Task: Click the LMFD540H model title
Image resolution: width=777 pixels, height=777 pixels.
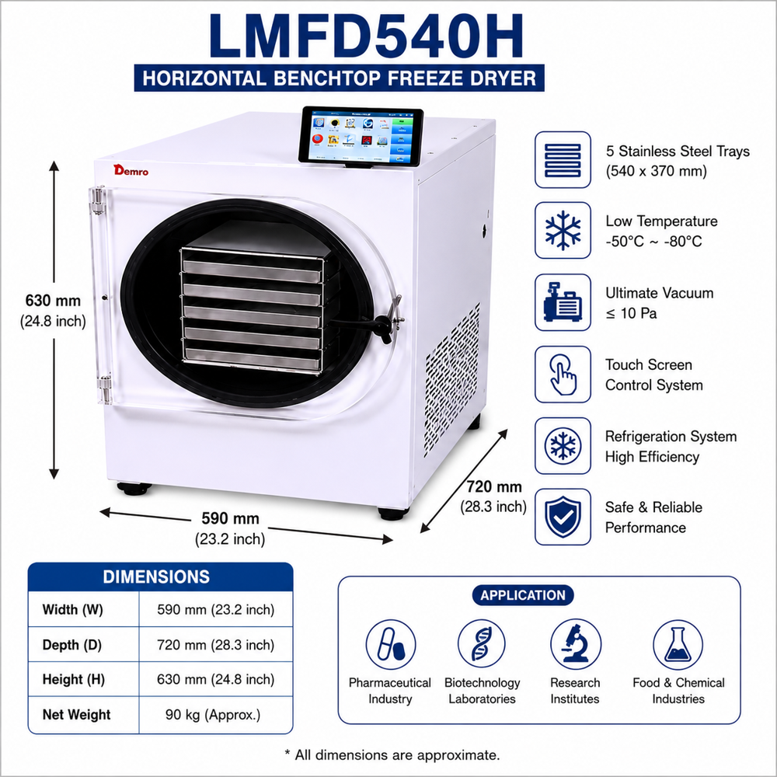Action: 366,37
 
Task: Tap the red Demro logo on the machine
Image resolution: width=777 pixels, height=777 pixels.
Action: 131,170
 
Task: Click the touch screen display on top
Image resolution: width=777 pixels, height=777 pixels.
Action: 361,136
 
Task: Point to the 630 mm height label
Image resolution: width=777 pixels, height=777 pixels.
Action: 53,301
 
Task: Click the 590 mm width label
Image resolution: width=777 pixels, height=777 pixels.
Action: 231,519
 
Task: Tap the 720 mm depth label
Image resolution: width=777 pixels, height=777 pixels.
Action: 494,487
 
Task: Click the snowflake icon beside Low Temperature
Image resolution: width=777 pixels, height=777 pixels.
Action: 563,231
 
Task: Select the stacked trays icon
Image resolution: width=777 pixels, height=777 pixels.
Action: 563,160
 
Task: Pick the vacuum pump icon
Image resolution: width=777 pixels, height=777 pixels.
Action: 563,302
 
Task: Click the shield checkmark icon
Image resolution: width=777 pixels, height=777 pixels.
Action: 563,517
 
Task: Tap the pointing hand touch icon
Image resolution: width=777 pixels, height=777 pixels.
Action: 563,375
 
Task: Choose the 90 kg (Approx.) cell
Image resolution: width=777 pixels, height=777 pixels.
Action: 213,715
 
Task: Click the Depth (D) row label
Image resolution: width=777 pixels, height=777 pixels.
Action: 71,645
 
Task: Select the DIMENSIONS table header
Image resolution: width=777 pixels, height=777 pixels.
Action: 157,577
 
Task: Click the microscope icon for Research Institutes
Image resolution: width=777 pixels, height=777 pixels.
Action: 576,644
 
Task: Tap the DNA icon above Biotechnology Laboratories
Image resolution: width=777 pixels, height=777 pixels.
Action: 482,644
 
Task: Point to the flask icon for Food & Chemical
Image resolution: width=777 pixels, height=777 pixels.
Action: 678,645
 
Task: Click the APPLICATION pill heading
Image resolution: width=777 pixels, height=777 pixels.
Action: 523,595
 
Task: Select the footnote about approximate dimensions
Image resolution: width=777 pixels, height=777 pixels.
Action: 392,755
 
